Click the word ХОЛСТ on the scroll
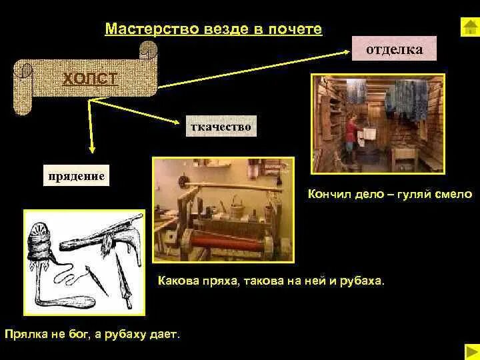point(89,79)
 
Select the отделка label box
point(393,49)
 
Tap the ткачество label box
point(221,126)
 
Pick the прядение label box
point(75,176)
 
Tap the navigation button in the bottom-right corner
point(471,350)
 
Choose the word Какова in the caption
point(177,281)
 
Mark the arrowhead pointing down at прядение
point(92,151)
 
